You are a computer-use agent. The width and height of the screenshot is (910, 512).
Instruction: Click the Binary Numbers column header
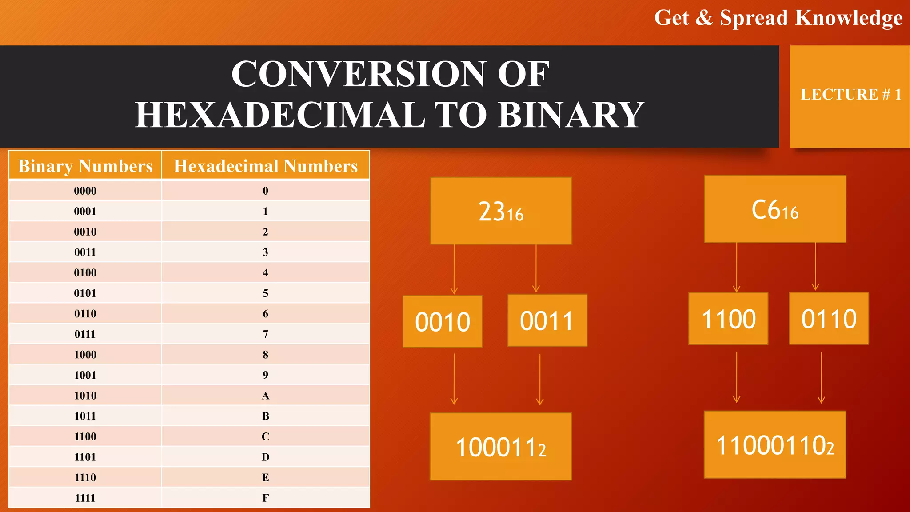tap(85, 166)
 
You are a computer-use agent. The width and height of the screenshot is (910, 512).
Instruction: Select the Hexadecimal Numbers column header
tap(265, 166)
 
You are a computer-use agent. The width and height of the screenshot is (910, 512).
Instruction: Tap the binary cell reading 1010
tap(85, 396)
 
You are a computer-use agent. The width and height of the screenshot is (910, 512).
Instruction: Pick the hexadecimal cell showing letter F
tap(265, 498)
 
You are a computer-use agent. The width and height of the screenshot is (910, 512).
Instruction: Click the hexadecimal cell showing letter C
tap(265, 436)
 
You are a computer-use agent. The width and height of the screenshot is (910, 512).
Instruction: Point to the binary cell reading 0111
tap(85, 334)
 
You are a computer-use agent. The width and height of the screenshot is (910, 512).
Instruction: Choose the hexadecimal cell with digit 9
tap(265, 375)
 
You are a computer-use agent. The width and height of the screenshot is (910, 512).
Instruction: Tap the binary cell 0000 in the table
tap(85, 191)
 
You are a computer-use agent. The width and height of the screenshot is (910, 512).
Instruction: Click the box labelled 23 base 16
tap(501, 211)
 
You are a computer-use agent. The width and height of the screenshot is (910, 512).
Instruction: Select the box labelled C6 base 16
tap(775, 209)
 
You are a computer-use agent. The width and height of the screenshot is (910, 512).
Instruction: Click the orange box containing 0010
tap(443, 321)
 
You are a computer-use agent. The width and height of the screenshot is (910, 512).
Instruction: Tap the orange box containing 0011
tap(547, 320)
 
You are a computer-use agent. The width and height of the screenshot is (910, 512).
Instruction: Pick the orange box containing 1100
tap(728, 319)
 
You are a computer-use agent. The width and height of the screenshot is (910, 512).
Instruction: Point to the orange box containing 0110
tap(829, 318)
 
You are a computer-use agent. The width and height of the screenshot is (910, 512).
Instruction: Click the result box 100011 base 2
tap(501, 447)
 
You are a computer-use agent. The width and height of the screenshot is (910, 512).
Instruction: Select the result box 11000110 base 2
tap(775, 445)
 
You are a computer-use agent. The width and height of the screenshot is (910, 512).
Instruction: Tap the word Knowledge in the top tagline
tap(849, 18)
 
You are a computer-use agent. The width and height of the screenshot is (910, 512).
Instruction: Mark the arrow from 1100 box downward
tap(737, 377)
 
